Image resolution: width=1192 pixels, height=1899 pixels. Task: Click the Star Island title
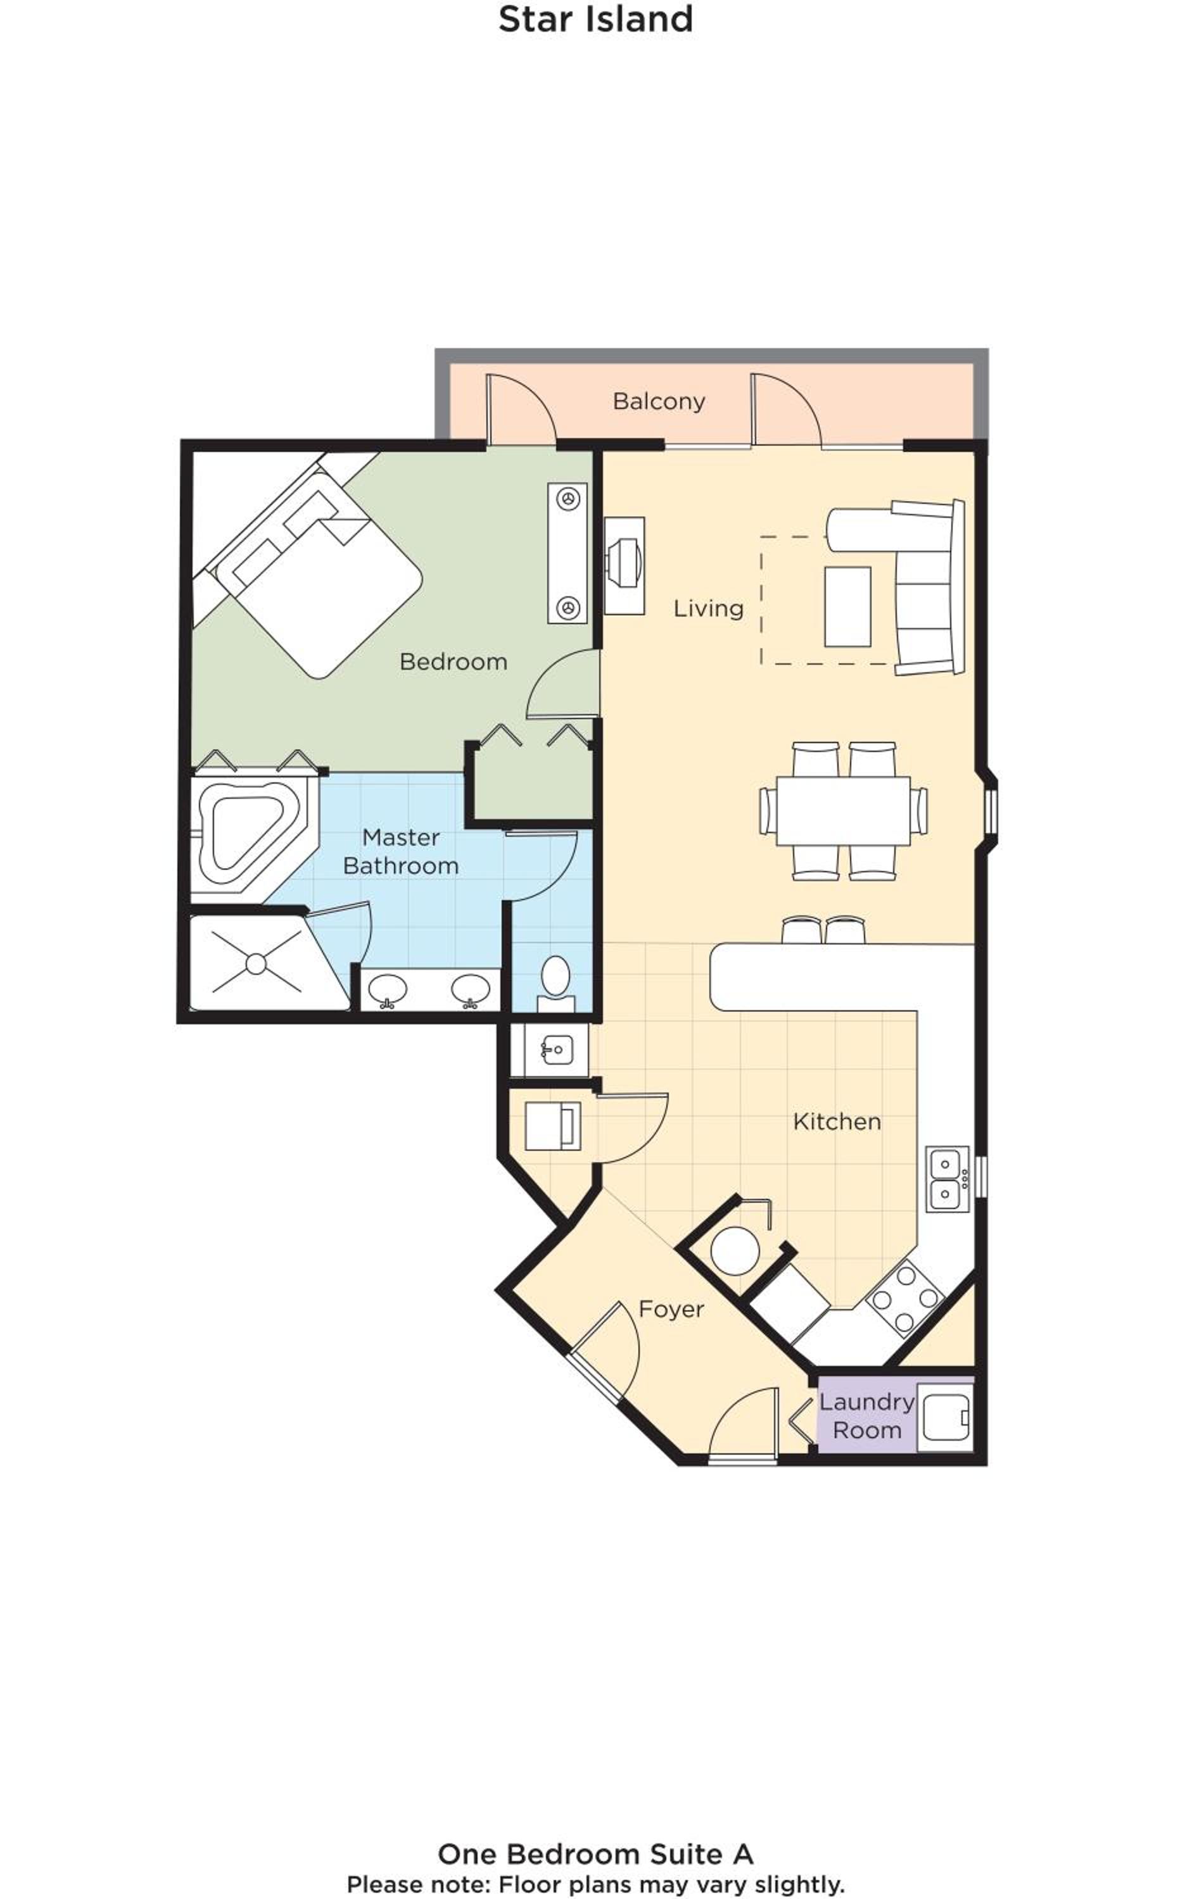(595, 20)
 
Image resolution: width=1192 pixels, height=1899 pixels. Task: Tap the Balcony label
(659, 401)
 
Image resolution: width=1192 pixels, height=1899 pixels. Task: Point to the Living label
(709, 608)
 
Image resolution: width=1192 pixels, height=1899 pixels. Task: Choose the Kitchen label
(837, 1121)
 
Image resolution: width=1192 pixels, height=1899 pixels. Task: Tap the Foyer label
(671, 1309)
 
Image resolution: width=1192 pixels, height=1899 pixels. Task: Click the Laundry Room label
(866, 1416)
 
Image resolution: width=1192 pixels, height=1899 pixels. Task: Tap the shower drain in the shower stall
(255, 963)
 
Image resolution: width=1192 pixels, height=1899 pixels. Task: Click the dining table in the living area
(843, 811)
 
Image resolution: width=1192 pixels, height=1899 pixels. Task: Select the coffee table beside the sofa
(847, 607)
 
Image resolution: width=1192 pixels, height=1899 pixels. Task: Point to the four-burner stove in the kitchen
(905, 1298)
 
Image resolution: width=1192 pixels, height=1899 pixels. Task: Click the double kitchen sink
(947, 1179)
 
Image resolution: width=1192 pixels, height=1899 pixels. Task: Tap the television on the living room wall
(625, 565)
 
